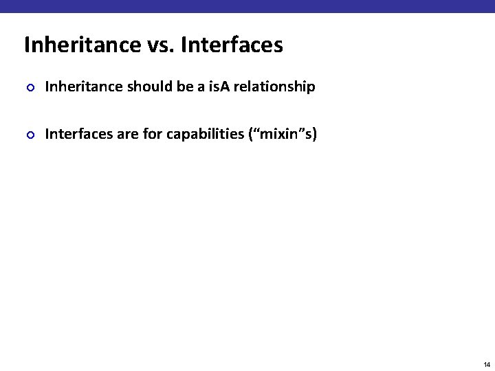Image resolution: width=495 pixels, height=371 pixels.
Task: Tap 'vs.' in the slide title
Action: tap(163, 45)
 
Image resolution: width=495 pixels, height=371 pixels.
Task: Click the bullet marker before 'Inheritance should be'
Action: tap(29, 87)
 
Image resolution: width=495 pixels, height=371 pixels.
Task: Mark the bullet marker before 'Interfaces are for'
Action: tap(29, 134)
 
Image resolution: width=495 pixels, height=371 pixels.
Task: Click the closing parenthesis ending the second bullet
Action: tap(314, 134)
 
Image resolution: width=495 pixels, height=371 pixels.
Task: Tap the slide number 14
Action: tap(486, 364)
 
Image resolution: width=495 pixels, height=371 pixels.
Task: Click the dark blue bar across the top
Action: tap(247, 6)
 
